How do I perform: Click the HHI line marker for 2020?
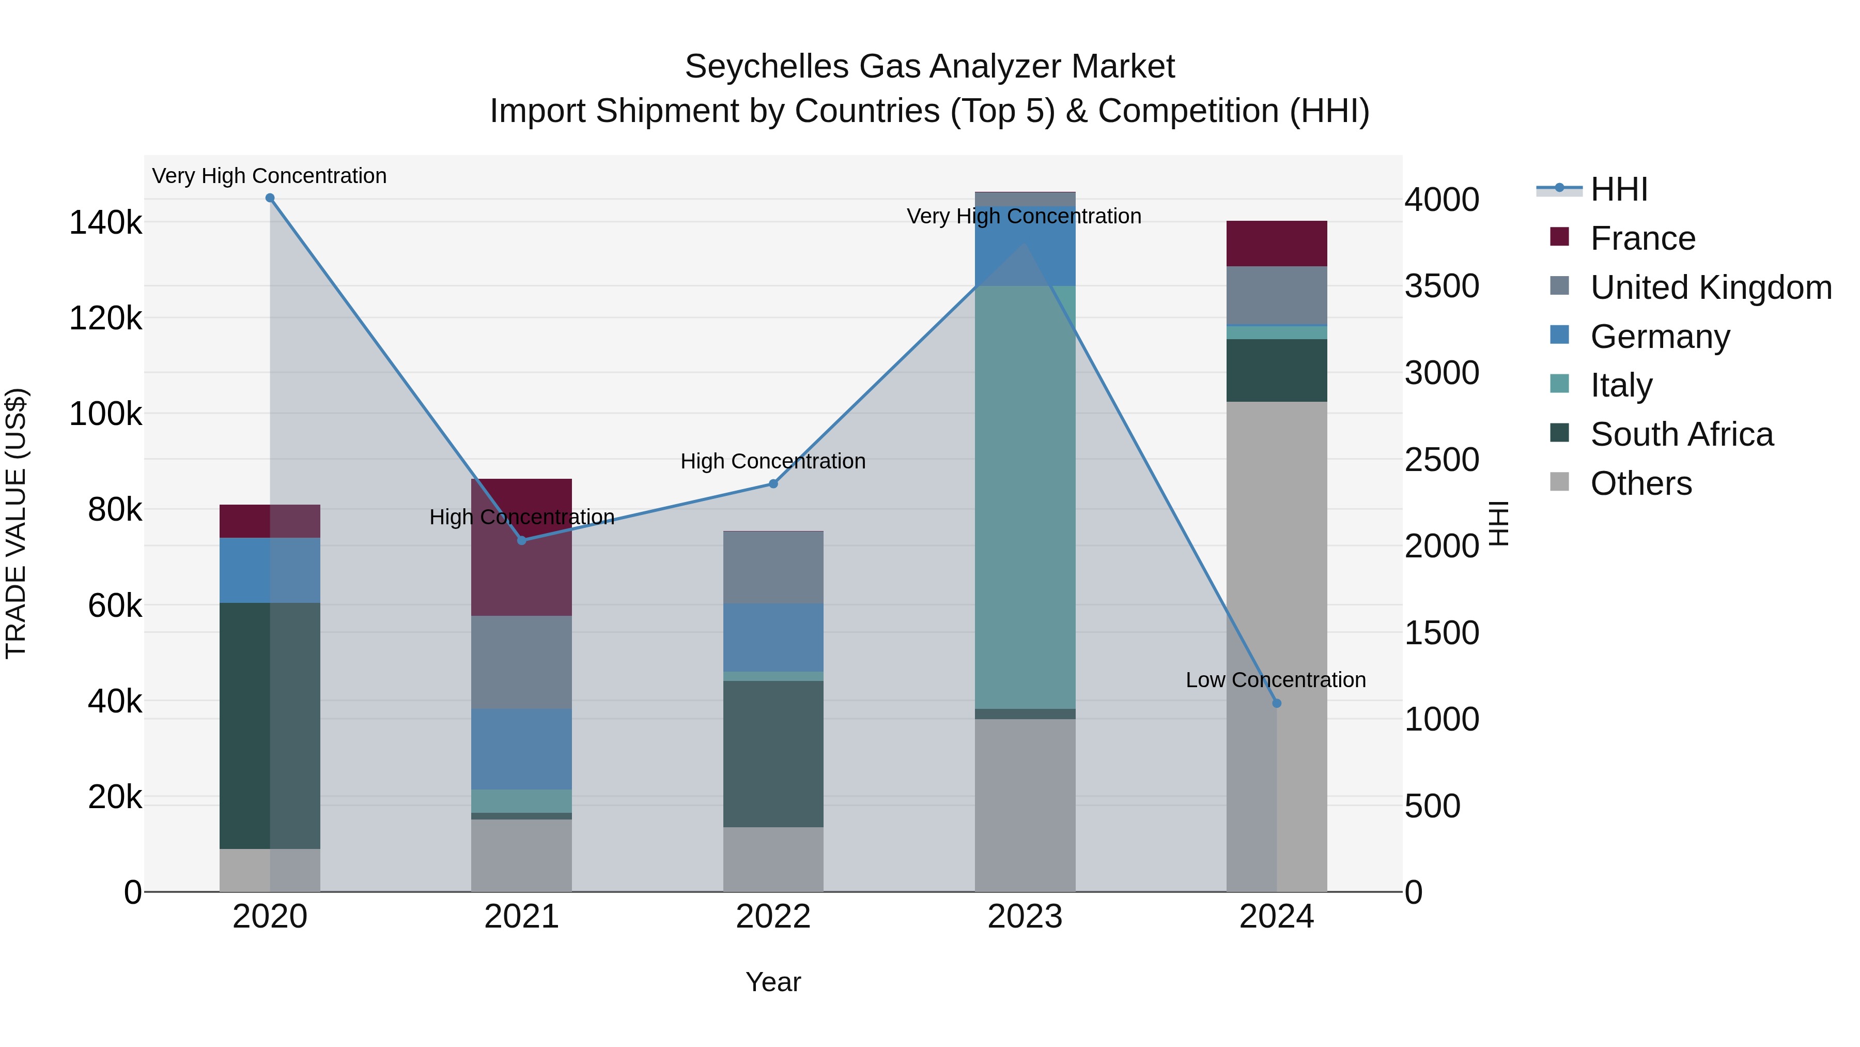(x=270, y=198)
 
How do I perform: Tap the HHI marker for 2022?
(x=773, y=484)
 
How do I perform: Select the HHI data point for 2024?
(x=1277, y=703)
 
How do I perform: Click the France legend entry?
(x=1642, y=238)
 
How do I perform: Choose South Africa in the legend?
(x=1681, y=434)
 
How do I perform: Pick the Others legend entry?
(x=1640, y=483)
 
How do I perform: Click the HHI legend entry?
(x=1619, y=189)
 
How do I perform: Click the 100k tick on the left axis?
(x=105, y=414)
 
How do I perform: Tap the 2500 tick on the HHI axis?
(x=1441, y=460)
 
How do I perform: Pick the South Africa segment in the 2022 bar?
(x=773, y=754)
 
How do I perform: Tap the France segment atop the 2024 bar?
(x=1277, y=244)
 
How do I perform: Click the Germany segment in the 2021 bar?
(x=521, y=749)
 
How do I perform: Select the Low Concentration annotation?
(x=1276, y=680)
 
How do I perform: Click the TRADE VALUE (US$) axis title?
(x=16, y=523)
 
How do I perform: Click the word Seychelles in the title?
(x=766, y=67)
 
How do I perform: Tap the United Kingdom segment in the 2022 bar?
(x=773, y=567)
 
